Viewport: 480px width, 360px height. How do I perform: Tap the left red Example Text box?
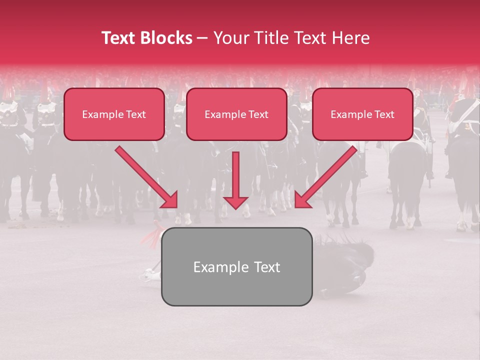114,114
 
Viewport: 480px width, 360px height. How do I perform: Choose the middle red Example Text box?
236,114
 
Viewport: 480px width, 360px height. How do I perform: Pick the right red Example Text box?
362,114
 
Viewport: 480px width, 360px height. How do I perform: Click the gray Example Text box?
236,267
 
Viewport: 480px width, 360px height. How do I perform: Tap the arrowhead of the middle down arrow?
235,201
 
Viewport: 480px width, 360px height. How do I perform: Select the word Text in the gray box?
267,267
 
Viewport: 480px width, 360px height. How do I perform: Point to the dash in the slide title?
202,38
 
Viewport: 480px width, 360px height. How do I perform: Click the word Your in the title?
230,38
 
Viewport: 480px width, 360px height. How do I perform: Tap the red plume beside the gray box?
150,234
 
